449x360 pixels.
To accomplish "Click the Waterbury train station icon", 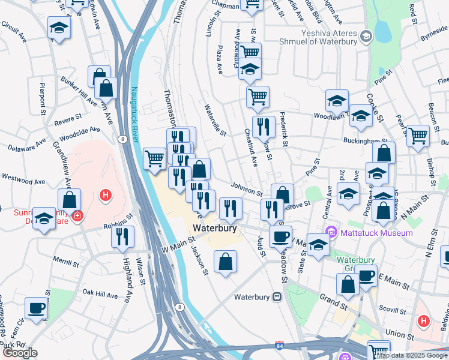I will click(x=277, y=296).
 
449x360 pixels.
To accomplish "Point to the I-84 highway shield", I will click(x=279, y=346).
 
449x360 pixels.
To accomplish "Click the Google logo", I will click(x=20, y=353).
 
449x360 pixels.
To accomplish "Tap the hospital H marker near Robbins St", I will click(x=106, y=195).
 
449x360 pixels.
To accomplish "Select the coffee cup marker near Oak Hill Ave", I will click(x=37, y=308).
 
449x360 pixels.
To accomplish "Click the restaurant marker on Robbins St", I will click(x=123, y=236).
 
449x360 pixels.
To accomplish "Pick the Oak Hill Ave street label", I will click(x=101, y=293).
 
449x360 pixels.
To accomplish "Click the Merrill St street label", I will click(x=66, y=262).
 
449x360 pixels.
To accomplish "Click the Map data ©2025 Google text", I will click(x=411, y=355).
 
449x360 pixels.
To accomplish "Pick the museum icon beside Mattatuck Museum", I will click(x=330, y=232).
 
